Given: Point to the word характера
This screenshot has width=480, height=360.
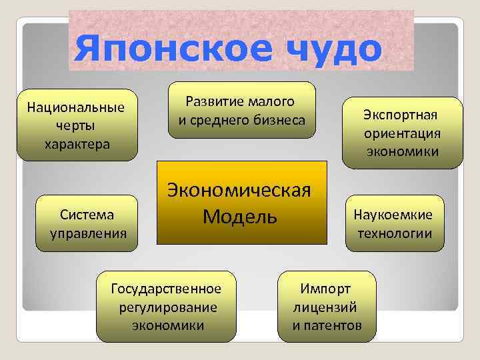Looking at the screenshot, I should pos(76,143).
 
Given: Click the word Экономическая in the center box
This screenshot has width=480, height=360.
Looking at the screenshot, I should pos(241,190).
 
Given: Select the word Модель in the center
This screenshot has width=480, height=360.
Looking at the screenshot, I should pos(240,216).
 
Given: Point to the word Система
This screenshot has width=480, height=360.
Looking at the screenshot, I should pos(86,215).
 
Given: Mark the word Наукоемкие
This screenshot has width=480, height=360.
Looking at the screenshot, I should pos(393,215).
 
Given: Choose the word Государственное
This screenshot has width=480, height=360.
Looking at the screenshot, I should pos(166,289).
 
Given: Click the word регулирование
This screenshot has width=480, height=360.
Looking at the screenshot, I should pos(168,307).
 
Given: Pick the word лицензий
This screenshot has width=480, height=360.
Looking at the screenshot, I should pos(325,307).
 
